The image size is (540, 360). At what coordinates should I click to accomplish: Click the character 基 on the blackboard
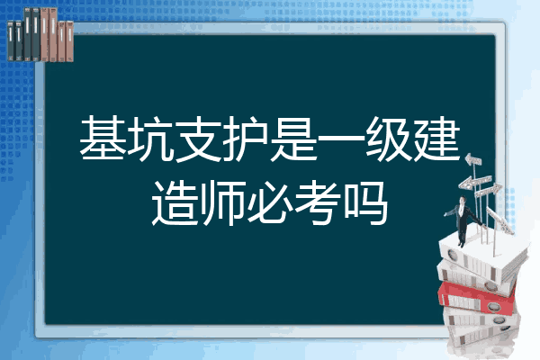pos(103,139)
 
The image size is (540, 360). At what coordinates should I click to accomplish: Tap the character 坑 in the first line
pos(150,139)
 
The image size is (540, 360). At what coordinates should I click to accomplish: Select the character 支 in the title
pos(198,139)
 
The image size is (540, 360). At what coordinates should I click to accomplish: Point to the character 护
pos(246,139)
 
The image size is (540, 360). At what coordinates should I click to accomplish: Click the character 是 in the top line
pos(293,139)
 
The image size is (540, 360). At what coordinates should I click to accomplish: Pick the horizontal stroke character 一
pos(341,139)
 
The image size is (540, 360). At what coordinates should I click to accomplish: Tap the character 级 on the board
pos(389,139)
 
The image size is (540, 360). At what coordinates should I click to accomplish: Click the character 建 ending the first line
pos(436,139)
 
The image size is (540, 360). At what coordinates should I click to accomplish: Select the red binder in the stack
pos(476,298)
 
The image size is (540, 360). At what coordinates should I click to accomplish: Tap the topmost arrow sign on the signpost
pos(473,159)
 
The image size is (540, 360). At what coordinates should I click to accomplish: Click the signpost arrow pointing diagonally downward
pos(500,220)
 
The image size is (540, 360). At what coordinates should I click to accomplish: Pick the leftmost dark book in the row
pos(11,40)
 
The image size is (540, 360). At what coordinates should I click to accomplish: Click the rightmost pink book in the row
pos(69,41)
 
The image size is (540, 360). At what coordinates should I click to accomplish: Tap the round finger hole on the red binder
pos(492,306)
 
